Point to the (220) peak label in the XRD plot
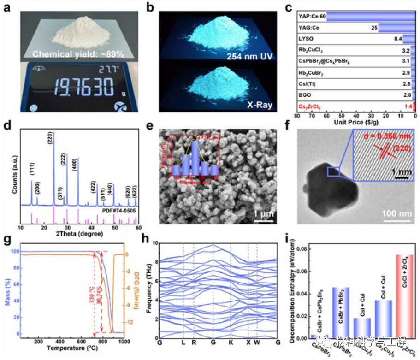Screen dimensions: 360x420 tap(50, 138)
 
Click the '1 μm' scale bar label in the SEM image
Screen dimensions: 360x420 tap(264, 213)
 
